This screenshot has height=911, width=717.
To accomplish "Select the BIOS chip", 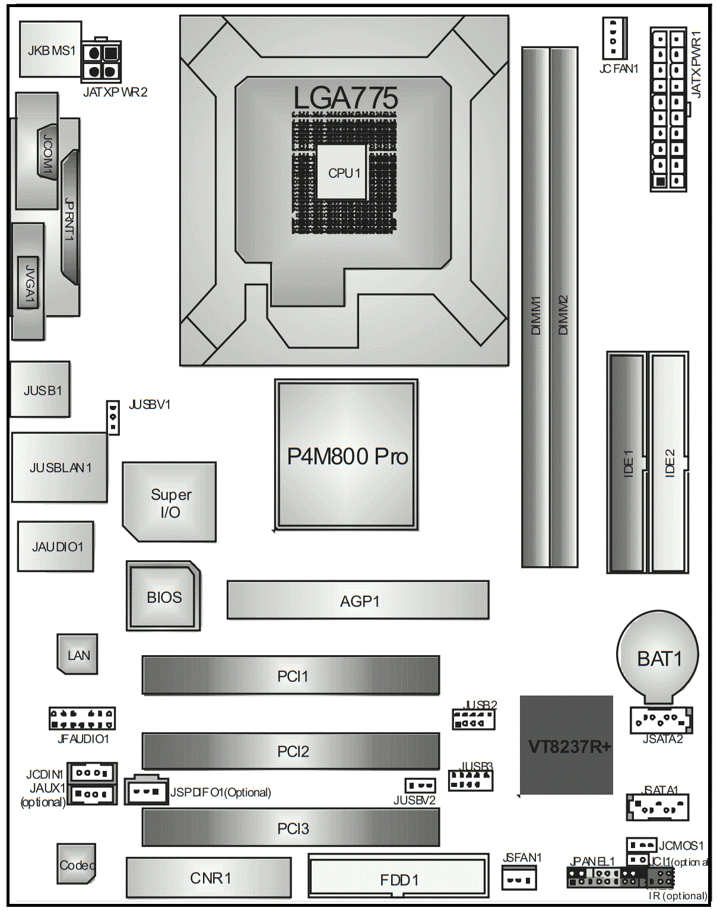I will click(x=164, y=596).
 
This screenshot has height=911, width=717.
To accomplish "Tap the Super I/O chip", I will click(x=170, y=502).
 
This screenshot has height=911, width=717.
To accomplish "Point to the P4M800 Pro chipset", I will click(x=347, y=455).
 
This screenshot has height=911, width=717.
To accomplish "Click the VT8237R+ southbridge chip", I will click(x=566, y=745).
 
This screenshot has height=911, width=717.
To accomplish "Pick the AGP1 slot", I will click(x=358, y=601).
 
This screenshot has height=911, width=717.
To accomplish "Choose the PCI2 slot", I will click(x=291, y=751).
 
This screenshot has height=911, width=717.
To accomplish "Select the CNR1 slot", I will click(x=209, y=878).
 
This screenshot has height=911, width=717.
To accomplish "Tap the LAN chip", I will click(x=78, y=655).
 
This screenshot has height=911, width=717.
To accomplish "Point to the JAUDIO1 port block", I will click(x=56, y=547).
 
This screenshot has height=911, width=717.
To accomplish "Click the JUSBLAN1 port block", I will click(x=59, y=468).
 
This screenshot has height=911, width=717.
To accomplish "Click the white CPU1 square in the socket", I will click(x=342, y=172).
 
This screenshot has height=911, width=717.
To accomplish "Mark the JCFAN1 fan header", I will click(x=614, y=39).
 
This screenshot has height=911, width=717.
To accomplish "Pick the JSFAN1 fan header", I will click(x=519, y=878).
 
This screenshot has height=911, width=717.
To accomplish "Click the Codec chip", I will click(x=76, y=864).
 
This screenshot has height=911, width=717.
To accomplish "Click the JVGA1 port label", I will click(x=28, y=282).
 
